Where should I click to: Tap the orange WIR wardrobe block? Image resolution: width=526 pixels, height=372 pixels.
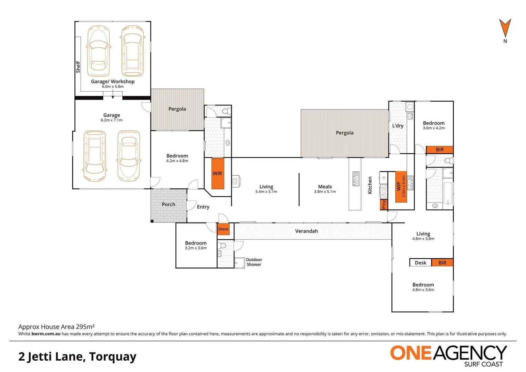pos(217,173)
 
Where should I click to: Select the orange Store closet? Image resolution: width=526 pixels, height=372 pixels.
pos(223,229)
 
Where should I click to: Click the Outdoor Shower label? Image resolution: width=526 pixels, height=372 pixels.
pos(254,262)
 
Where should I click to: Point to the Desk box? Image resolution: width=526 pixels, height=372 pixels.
pos(420,263)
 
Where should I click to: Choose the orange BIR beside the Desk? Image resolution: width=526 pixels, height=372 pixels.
pos(442,263)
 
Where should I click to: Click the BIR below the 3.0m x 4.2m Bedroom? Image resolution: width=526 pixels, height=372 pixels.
pos(440,149)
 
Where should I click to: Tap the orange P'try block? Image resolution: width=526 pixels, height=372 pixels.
pos(384,205)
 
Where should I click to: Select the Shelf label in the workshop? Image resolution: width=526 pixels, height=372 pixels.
pos(78,67)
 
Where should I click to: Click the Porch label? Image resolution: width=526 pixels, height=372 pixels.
pos(168,204)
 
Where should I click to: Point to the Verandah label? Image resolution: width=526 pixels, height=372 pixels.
pos(306,231)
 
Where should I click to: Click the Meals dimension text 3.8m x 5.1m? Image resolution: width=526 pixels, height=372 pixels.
pos(325,192)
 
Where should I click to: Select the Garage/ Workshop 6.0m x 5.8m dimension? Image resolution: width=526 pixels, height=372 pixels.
pos(113,86)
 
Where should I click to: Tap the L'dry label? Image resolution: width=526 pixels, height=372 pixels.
pos(398,126)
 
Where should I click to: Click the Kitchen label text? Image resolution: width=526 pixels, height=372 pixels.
pos(370,185)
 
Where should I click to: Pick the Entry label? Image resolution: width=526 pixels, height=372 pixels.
pos(203,207)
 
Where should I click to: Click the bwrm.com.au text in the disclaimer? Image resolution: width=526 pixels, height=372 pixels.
pos(46,334)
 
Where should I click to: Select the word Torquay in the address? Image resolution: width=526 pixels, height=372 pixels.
pos(113,357)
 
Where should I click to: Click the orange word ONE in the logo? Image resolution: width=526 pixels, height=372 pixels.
pos(411,353)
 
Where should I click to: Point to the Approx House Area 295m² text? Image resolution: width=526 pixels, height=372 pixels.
pos(56,327)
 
